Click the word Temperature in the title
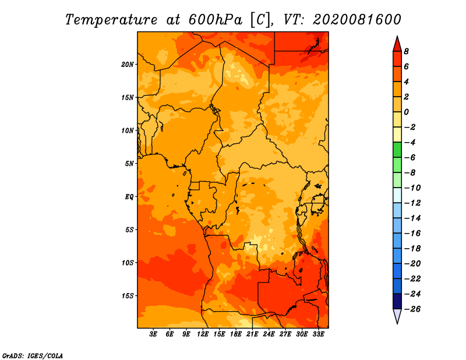tap(111, 20)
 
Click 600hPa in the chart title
tap(216, 20)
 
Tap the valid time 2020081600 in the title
tap(357, 20)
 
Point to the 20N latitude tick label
tap(128, 65)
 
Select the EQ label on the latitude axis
tap(129, 197)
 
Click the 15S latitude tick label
tap(128, 296)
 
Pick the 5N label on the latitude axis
tap(129, 164)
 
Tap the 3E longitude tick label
tap(153, 334)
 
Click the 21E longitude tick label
tap(252, 334)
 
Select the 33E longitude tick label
tap(318, 334)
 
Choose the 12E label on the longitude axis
tap(203, 334)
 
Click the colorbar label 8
tap(406, 51)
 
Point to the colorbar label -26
tap(412, 309)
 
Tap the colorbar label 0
tap(406, 112)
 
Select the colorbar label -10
tap(412, 188)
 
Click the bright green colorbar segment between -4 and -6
tap(397, 150)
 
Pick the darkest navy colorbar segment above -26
tap(397, 301)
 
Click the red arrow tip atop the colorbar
tap(397, 36)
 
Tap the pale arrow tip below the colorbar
tap(397, 323)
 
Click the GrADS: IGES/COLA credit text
tap(33, 356)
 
